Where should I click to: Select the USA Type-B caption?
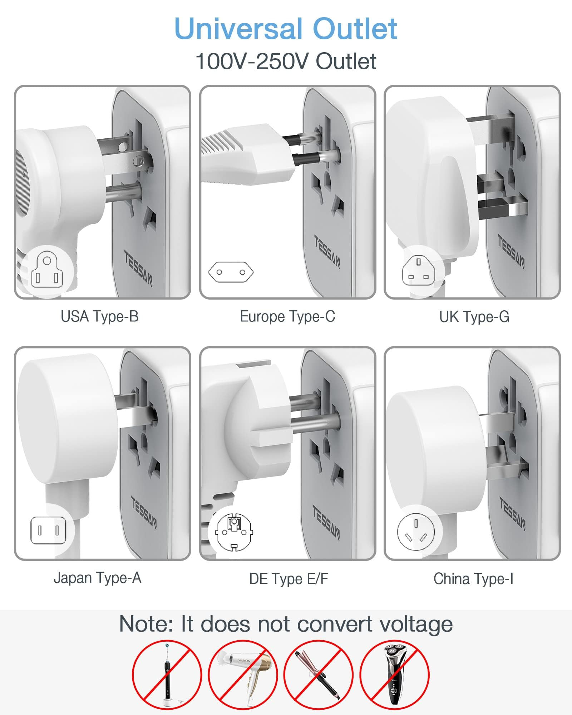tap(99, 316)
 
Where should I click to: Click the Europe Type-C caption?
tap(287, 316)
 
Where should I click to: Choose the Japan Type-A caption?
tap(97, 578)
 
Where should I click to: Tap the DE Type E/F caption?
tap(289, 578)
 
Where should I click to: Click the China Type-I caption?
tap(473, 578)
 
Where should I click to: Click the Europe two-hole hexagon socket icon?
tap(231, 272)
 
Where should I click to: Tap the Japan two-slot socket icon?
tap(48, 530)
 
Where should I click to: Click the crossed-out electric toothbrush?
tap(167, 674)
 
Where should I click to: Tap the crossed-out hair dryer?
tap(243, 674)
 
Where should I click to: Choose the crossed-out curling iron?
tap(319, 674)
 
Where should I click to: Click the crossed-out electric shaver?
tap(394, 674)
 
